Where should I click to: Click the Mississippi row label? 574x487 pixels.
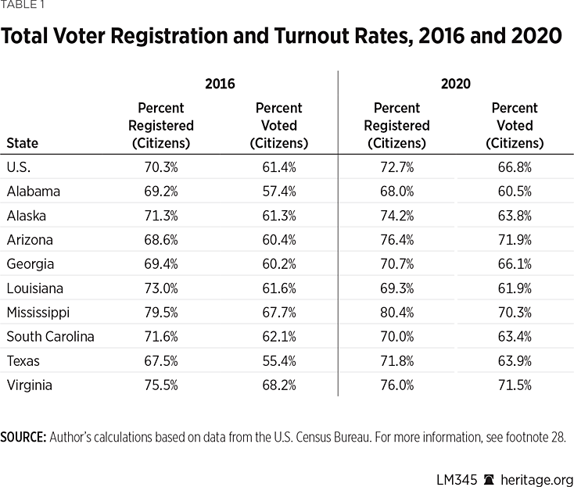pos(38,313)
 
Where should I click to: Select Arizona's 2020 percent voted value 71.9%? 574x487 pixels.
pos(515,240)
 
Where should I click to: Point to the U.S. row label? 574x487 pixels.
pos(18,167)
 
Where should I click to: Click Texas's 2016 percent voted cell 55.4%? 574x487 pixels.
pos(279,361)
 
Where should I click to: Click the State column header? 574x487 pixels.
pos(22,143)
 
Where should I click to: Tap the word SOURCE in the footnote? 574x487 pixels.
pos(23,436)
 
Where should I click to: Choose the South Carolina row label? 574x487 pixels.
pos(50,337)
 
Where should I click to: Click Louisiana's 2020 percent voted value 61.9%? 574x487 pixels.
pos(515,288)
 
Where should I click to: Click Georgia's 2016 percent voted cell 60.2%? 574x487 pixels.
pos(279,264)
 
